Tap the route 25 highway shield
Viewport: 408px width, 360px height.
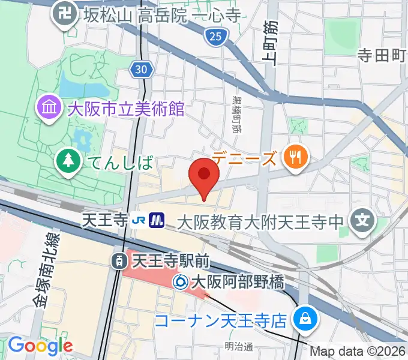[216, 38]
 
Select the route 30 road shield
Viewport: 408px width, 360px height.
[141, 70]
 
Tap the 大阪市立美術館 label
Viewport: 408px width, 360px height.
[125, 109]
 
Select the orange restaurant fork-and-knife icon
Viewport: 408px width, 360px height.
[295, 157]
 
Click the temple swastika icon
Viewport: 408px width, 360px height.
[62, 13]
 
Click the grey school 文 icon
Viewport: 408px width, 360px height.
[362, 221]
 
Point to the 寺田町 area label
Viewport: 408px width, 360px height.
[382, 56]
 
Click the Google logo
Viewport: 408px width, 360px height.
[40, 346]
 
